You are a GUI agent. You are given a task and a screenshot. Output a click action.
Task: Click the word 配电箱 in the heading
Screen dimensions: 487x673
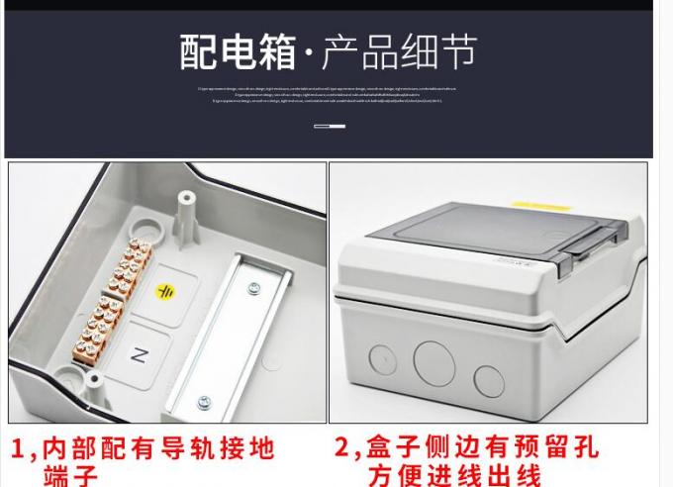(238, 50)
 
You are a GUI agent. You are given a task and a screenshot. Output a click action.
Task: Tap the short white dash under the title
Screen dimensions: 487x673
(330, 126)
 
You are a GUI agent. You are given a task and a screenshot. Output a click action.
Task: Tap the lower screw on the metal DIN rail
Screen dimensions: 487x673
(205, 401)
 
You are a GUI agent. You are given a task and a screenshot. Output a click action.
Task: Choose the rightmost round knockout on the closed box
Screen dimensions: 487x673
(488, 379)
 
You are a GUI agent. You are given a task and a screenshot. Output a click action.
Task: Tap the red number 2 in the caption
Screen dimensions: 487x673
(343, 449)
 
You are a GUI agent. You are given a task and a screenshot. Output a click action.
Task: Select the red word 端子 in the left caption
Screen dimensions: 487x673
(71, 476)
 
